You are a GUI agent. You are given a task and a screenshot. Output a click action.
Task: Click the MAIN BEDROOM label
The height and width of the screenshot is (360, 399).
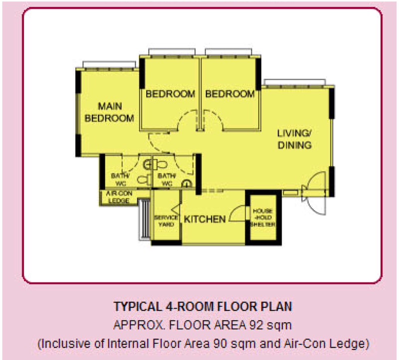point(109,112)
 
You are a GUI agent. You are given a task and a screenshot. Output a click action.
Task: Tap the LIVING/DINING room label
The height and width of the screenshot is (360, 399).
point(294,139)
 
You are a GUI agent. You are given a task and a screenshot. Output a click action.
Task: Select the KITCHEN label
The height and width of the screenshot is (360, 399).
point(205,219)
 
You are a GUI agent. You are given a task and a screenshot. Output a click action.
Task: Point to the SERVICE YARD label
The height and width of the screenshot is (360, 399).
point(166,221)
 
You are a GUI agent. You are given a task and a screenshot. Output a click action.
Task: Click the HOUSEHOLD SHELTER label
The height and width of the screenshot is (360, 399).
point(263,217)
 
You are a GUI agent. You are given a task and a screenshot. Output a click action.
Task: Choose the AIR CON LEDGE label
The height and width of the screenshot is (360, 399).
point(119,197)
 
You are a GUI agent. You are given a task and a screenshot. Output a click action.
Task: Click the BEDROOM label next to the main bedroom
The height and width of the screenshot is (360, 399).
point(170,94)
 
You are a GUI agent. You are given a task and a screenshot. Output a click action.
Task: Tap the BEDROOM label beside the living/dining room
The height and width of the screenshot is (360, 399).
point(230,94)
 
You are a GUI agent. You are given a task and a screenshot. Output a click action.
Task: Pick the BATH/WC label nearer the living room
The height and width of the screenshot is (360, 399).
point(167,180)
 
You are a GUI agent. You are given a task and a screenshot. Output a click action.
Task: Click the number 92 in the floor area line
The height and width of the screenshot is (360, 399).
point(256,325)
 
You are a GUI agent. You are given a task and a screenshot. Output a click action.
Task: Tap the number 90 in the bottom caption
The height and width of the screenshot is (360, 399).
point(220,344)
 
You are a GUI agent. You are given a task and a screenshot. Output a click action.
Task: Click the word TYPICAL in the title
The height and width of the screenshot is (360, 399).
point(138,306)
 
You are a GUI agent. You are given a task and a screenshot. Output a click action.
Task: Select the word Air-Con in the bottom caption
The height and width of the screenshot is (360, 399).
point(298,344)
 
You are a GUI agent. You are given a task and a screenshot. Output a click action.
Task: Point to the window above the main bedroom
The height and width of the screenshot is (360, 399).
point(109,65)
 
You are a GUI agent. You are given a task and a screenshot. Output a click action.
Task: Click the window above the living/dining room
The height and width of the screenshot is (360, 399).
point(295,82)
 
